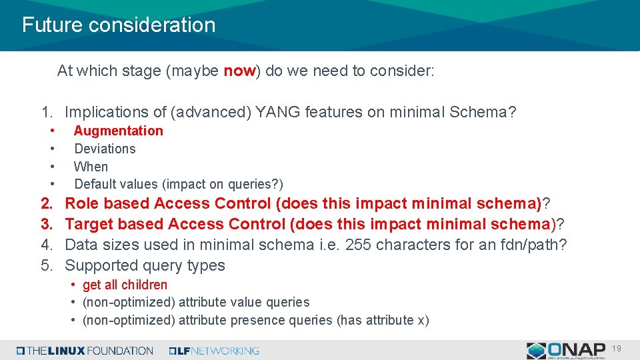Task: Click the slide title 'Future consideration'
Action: pyautogui.click(x=119, y=25)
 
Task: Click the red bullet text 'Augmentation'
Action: pyautogui.click(x=118, y=131)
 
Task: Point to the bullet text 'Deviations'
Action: pyautogui.click(x=105, y=149)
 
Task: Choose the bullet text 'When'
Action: pyautogui.click(x=91, y=167)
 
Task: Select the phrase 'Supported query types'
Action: pyautogui.click(x=145, y=265)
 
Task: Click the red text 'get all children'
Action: pyautogui.click(x=125, y=285)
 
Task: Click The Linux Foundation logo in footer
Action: pyautogui.click(x=85, y=350)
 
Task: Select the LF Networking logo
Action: pyautogui.click(x=214, y=350)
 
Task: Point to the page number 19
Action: pyautogui.click(x=617, y=348)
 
